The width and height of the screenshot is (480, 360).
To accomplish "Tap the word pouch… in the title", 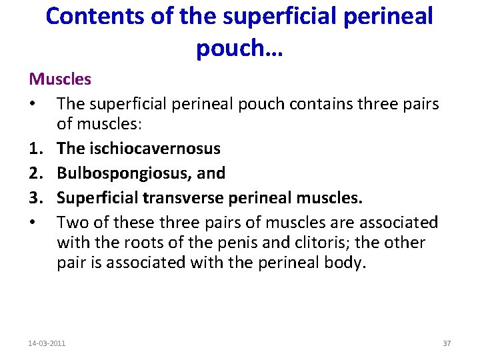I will [x=239, y=47].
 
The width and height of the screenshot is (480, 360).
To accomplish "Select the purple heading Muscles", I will [x=60, y=79].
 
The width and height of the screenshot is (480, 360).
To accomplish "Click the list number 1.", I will [x=34, y=149].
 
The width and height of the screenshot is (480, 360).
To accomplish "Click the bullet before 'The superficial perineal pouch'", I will [x=33, y=103].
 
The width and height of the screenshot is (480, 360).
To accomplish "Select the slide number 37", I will [x=447, y=343].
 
